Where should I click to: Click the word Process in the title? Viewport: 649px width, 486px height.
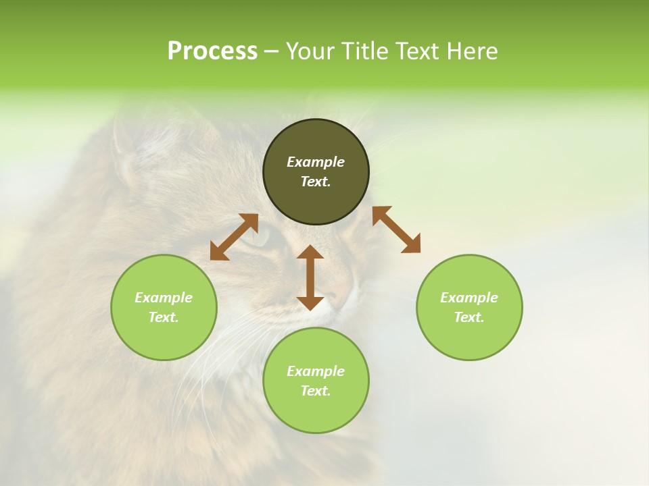(212, 51)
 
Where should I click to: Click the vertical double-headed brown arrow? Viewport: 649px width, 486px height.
(310, 277)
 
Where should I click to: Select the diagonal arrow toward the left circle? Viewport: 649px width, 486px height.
(234, 237)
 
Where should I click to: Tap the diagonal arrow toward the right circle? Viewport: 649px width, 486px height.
(396, 230)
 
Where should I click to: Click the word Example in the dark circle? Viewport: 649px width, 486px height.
(316, 162)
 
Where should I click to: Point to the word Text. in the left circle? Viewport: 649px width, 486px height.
(164, 317)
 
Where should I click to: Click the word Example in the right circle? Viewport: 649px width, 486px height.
(469, 298)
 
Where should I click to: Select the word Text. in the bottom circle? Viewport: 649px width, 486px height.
(316, 391)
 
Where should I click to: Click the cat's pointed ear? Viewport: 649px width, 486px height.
(125, 145)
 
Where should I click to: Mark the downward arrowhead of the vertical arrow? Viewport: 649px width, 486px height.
(310, 302)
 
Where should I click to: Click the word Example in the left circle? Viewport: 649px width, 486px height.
(164, 298)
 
